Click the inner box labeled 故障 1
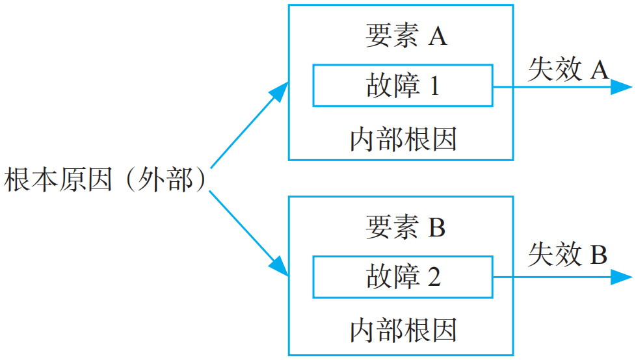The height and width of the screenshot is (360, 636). click(403, 85)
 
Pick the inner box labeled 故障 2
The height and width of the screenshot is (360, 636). click(403, 277)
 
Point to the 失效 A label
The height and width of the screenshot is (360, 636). click(568, 70)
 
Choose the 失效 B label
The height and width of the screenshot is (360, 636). click(568, 255)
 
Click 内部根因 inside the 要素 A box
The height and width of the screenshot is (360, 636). click(403, 139)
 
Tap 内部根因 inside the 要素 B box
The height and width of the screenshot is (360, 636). click(403, 330)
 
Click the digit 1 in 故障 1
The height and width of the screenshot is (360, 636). click(434, 86)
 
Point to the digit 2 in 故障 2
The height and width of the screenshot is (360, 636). click(434, 277)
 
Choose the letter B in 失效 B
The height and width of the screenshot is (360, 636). click(598, 255)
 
